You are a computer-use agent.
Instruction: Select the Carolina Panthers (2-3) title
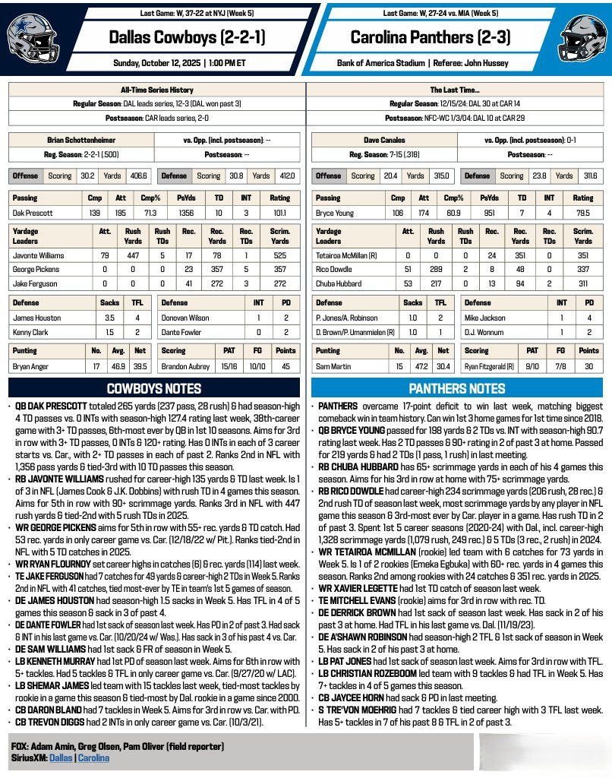430,36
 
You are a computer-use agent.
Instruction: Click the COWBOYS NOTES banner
153,388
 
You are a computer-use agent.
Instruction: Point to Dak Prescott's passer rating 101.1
280,213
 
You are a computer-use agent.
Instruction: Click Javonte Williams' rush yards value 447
132,255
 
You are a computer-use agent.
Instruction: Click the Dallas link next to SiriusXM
60,757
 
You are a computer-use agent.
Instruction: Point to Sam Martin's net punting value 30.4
443,366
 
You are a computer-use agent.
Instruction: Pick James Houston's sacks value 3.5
109,318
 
